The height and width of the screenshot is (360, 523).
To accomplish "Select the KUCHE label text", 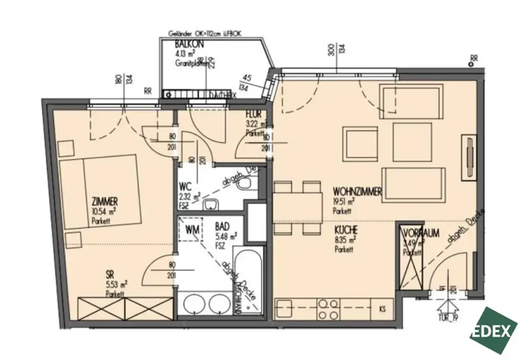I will [346, 230].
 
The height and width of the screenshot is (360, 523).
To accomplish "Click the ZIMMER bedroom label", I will [105, 201].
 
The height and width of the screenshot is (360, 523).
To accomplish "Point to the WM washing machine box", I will [193, 230].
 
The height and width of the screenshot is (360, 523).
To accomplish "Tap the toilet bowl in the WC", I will [247, 183].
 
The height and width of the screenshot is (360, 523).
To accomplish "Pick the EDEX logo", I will [493, 330].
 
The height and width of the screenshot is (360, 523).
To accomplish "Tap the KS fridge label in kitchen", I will [383, 308].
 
